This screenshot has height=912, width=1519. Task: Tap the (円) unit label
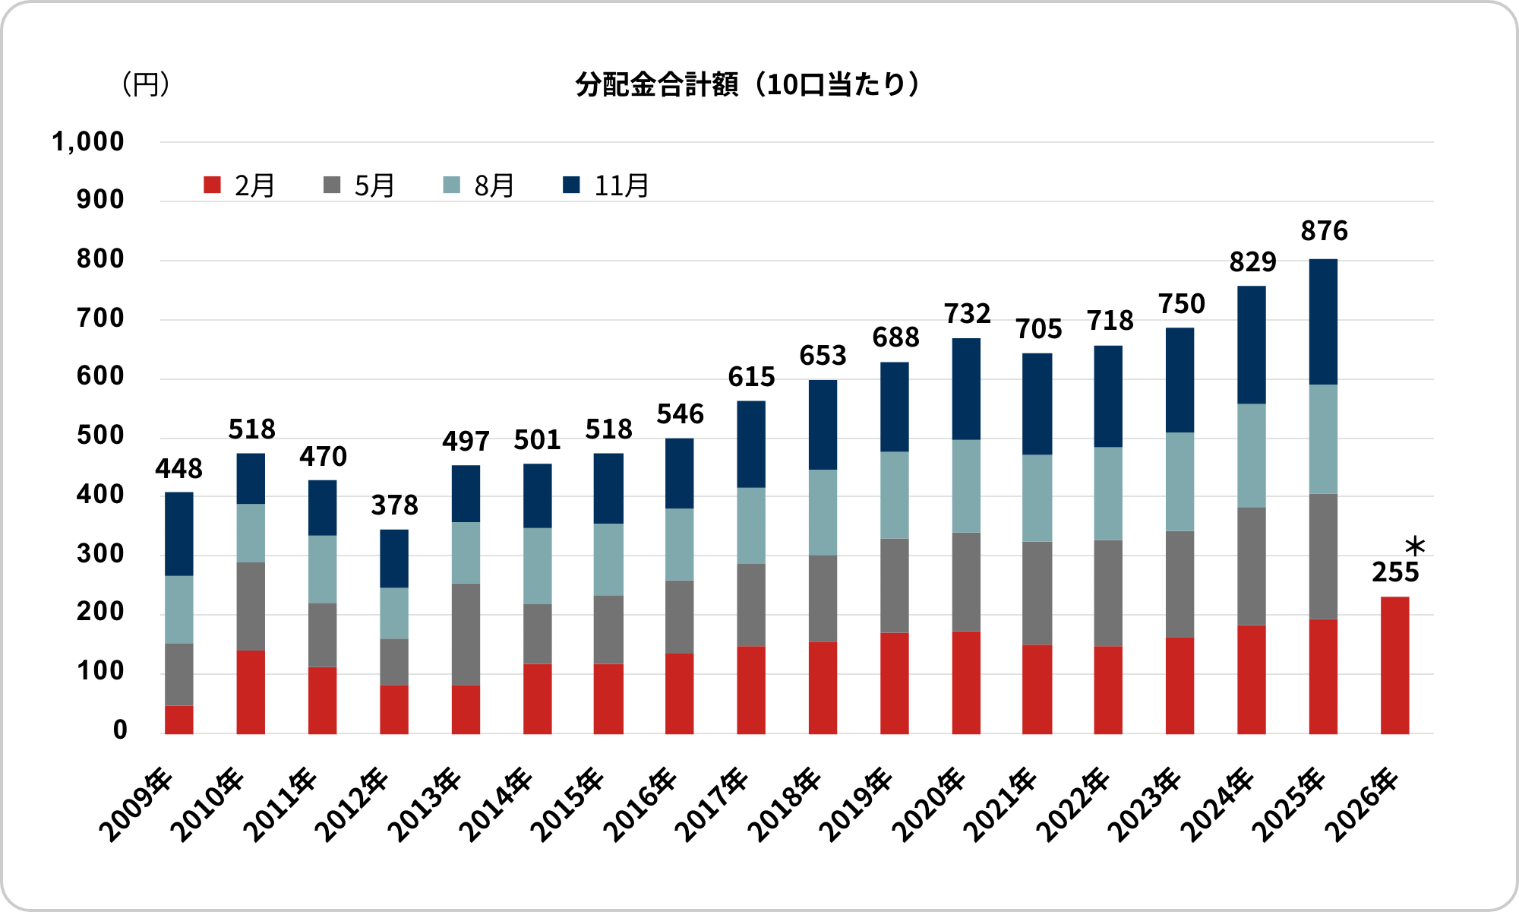[145, 84]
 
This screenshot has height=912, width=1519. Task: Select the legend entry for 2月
[239, 185]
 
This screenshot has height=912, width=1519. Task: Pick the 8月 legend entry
[479, 185]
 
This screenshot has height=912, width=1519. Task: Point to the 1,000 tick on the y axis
[87, 142]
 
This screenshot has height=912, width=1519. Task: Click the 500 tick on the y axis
[99, 436]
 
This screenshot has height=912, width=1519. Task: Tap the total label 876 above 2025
[1324, 231]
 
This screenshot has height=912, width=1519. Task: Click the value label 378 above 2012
[394, 505]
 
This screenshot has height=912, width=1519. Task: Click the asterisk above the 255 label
[1415, 546]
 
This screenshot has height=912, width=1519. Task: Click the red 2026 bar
[1394, 665]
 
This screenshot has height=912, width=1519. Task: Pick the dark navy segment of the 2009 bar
[179, 534]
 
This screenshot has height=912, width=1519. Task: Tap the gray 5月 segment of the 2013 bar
[466, 634]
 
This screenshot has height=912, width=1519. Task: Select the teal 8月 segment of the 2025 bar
[1323, 439]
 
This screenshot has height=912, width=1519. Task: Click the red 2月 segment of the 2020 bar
[966, 682]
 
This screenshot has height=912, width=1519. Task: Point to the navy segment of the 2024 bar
[1251, 345]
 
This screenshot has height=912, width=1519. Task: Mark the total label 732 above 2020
[967, 314]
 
